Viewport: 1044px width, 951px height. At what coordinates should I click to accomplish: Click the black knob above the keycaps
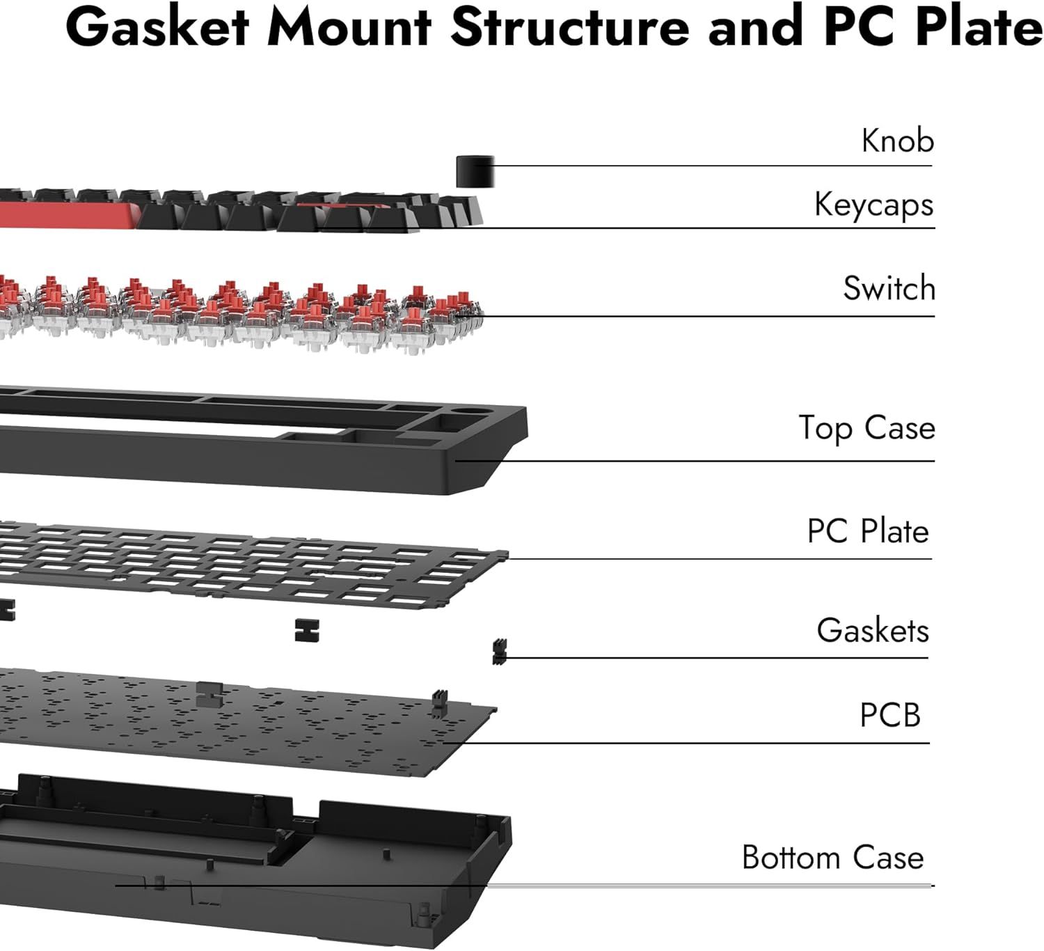click(x=475, y=172)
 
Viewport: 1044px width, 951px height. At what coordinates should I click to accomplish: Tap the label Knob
click(x=897, y=141)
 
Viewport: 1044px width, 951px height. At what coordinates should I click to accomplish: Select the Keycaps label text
click(x=873, y=205)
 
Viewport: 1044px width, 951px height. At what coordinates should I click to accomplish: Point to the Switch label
click(x=889, y=288)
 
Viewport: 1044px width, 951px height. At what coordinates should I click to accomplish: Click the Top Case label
click(x=867, y=427)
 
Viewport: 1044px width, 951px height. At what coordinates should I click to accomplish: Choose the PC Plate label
click(x=867, y=531)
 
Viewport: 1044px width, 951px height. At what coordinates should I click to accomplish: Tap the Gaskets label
click(x=872, y=630)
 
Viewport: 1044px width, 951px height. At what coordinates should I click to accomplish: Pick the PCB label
click(x=889, y=715)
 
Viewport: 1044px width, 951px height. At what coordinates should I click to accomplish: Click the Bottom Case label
click(x=832, y=857)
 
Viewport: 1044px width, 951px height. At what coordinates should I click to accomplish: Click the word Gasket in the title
click(x=157, y=28)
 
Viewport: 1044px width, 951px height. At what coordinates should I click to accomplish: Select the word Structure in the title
click(x=569, y=28)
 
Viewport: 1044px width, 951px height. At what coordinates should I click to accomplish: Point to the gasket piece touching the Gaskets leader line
click(x=499, y=652)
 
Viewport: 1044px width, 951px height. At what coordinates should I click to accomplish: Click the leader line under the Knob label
click(x=710, y=166)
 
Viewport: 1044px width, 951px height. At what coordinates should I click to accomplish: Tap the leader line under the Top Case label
click(x=696, y=461)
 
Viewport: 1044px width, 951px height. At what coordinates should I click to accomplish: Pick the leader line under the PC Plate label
click(x=717, y=559)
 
